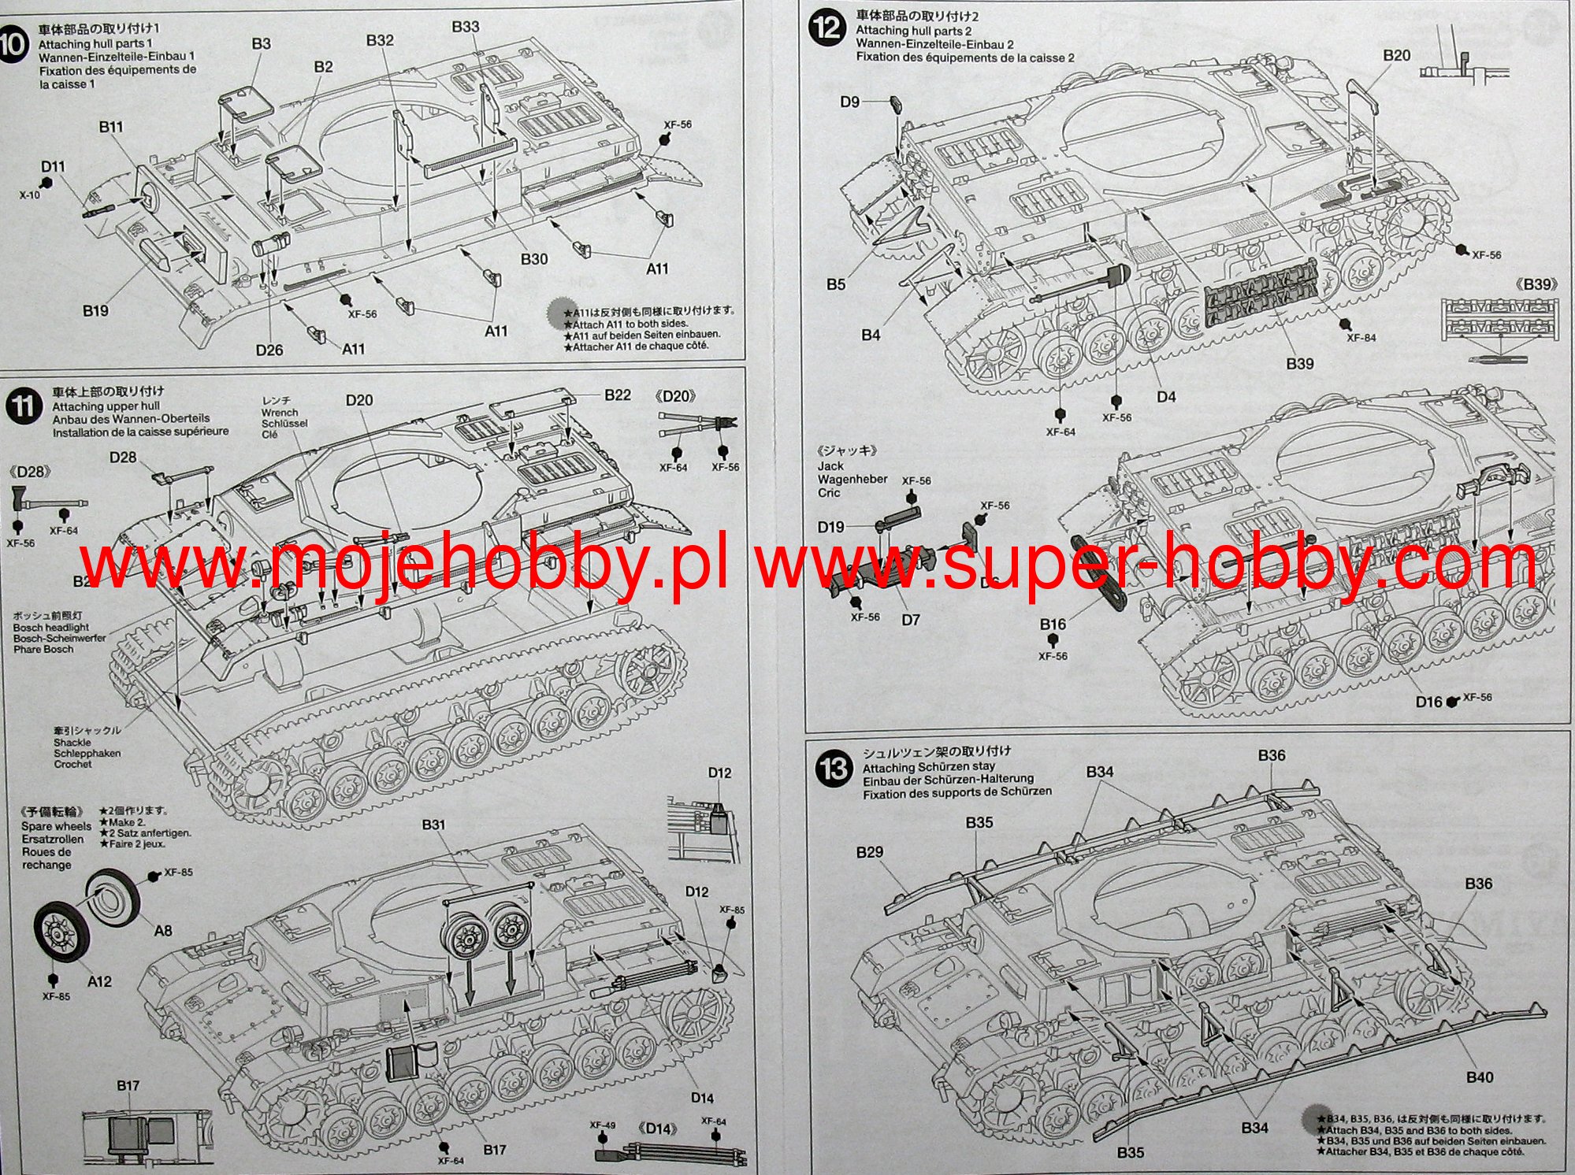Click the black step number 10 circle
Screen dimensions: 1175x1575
pyautogui.click(x=11, y=43)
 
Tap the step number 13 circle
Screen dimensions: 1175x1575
pyautogui.click(x=834, y=769)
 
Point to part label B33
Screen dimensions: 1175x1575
pyautogui.click(x=465, y=27)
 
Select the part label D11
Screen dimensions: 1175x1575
pyautogui.click(x=53, y=166)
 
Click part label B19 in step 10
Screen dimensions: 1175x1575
pyautogui.click(x=95, y=311)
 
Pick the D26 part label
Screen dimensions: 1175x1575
pyautogui.click(x=269, y=350)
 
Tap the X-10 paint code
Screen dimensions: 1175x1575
pyautogui.click(x=30, y=195)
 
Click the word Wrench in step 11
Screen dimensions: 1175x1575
pyautogui.click(x=280, y=412)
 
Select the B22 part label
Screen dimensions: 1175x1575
pyautogui.click(x=617, y=395)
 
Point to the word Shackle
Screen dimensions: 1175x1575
pyautogui.click(x=72, y=743)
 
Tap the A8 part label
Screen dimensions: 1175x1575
pyautogui.click(x=162, y=931)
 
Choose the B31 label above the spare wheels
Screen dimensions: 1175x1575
pyautogui.click(x=433, y=825)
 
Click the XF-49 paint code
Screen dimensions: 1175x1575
pyautogui.click(x=602, y=1125)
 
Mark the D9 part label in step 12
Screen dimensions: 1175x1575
pyautogui.click(x=849, y=102)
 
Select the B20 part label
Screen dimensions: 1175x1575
pyautogui.click(x=1396, y=55)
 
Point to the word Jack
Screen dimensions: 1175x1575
pyautogui.click(x=830, y=465)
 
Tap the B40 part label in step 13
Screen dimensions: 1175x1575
pyautogui.click(x=1479, y=1077)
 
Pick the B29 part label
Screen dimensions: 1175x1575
pyautogui.click(x=869, y=852)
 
